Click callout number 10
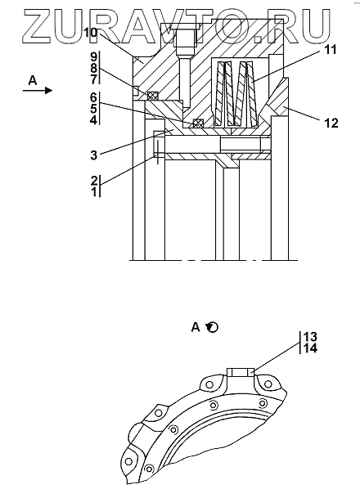pyautogui.click(x=91, y=33)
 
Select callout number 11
pyautogui.click(x=330, y=50)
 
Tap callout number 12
pyautogui.click(x=331, y=123)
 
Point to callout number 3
pyautogui.click(x=93, y=155)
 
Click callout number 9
pyautogui.click(x=93, y=57)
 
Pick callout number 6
pyautogui.click(x=93, y=97)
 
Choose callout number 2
pyautogui.click(x=94, y=181)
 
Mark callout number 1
pyautogui.click(x=94, y=191)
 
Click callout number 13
pyautogui.click(x=310, y=336)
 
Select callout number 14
pyautogui.click(x=310, y=348)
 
